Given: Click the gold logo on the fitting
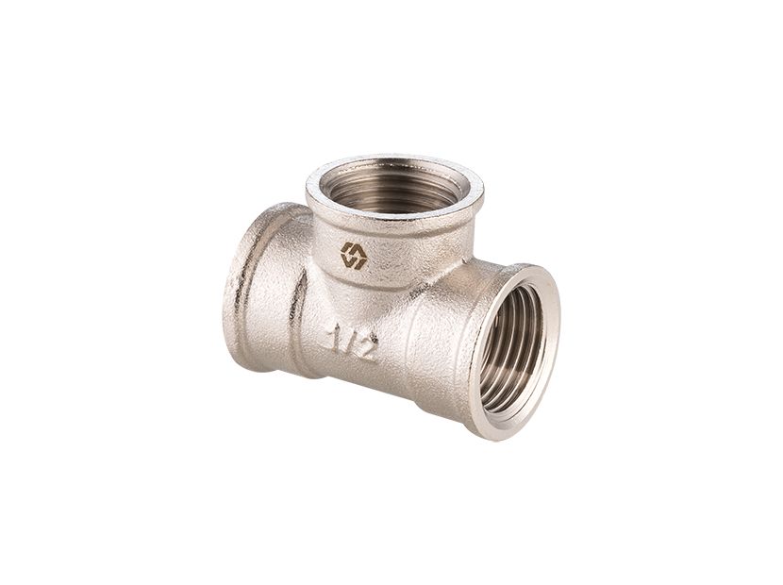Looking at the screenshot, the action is click(x=354, y=256).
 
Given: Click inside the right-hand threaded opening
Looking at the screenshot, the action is click(x=511, y=349).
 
